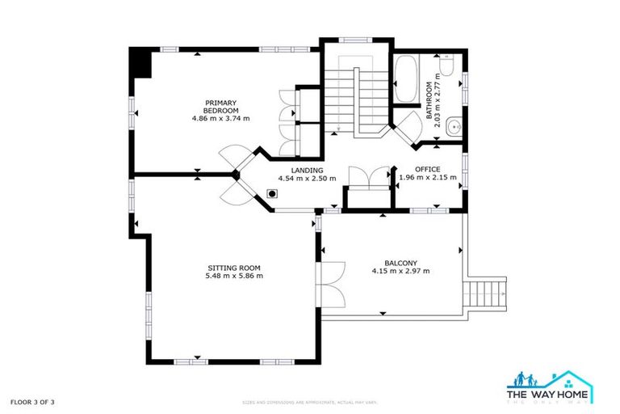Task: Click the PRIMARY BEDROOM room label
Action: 220,107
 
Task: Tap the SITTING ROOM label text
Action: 234,268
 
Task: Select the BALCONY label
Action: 400,263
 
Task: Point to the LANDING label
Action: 300,171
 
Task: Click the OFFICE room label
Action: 428,169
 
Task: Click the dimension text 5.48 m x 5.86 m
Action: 234,277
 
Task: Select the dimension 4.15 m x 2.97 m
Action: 400,272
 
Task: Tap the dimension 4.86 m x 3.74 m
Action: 220,119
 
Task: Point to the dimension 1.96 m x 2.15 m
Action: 428,178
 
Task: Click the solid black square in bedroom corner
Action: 140,62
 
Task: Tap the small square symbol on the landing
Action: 273,194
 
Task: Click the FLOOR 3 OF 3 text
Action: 33,401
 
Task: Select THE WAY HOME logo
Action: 549,386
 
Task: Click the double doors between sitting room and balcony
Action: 329,285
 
